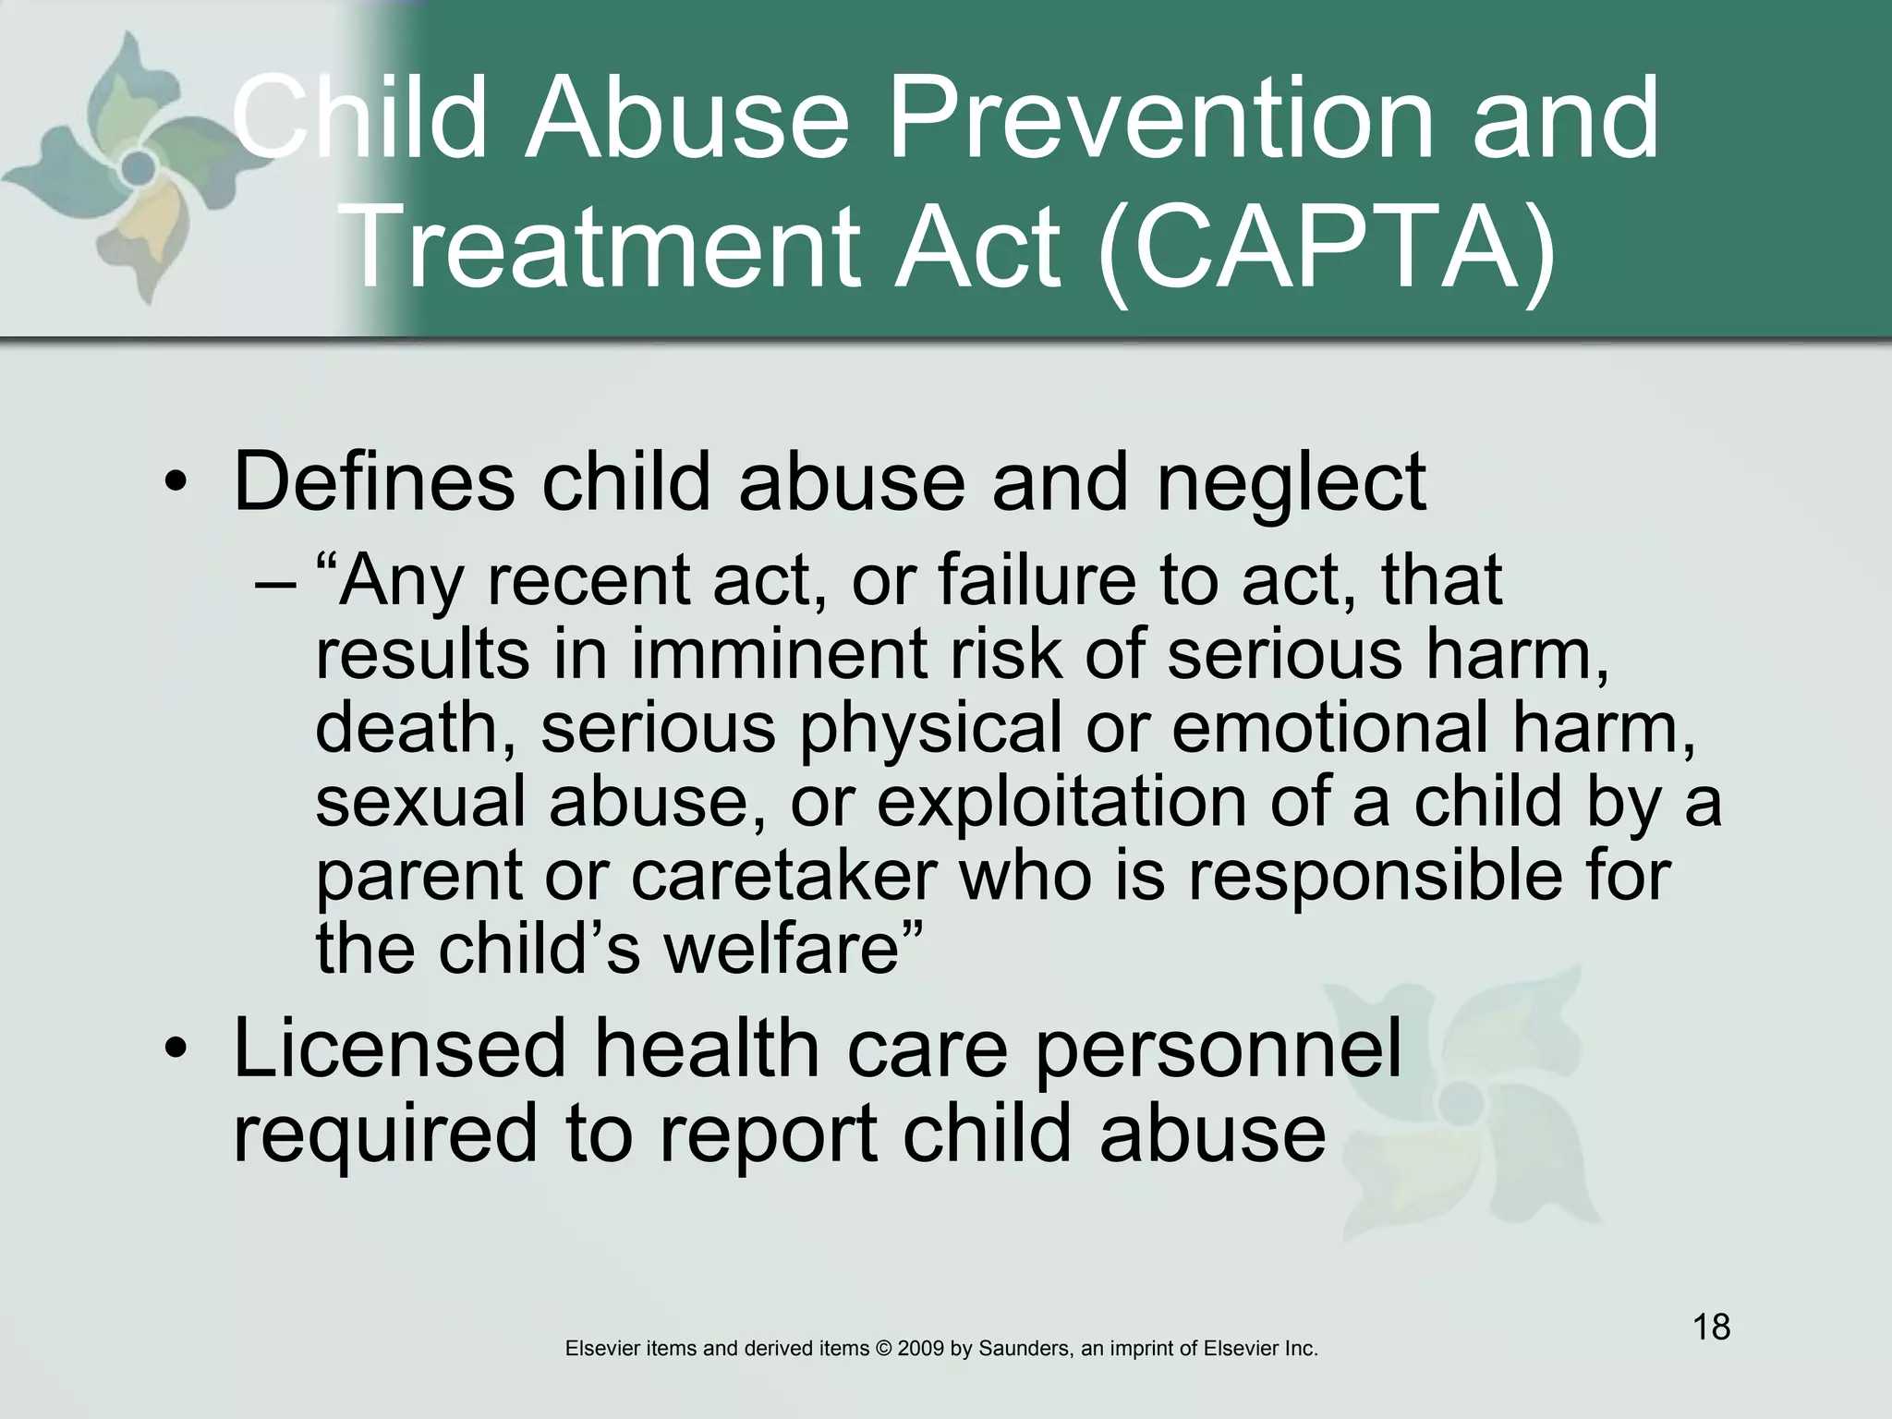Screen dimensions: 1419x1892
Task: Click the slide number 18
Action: coord(1711,1328)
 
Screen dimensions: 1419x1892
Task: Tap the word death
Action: coord(415,728)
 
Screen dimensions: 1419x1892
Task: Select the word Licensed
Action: coord(399,1049)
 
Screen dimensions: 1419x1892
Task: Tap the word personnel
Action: coord(1218,1050)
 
